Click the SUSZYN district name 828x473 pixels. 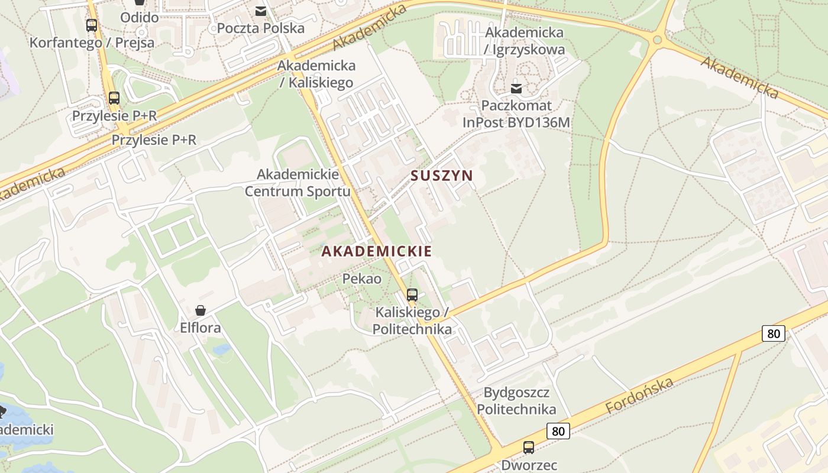tap(442, 176)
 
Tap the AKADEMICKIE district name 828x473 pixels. tap(376, 251)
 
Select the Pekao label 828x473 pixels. tap(362, 278)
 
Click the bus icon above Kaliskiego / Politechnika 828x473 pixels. tap(412, 294)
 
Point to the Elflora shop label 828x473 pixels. tap(200, 328)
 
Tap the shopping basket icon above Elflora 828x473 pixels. tap(200, 310)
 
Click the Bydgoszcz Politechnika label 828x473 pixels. tap(516, 401)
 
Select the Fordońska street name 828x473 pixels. tap(639, 396)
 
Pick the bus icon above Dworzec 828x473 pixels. tap(529, 448)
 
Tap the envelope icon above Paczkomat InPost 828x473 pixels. tap(516, 89)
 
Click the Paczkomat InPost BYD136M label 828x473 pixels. tap(516, 114)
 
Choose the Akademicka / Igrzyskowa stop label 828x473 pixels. tap(523, 41)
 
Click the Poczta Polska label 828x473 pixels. tap(261, 28)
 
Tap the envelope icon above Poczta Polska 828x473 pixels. tap(261, 11)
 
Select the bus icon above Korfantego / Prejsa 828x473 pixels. tap(92, 25)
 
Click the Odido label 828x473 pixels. tap(140, 17)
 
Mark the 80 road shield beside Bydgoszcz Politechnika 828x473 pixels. tap(558, 431)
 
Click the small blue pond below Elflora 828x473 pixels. tap(222, 349)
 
